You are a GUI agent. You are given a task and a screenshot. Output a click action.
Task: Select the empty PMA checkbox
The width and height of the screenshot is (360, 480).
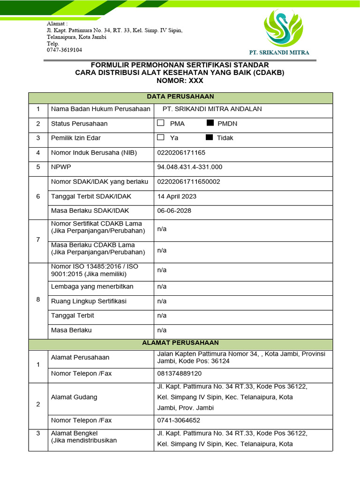(x=161, y=123)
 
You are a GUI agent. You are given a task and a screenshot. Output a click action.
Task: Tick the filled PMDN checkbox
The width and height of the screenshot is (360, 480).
(x=210, y=123)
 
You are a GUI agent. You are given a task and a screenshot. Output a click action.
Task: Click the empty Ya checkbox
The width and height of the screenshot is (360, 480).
(x=161, y=137)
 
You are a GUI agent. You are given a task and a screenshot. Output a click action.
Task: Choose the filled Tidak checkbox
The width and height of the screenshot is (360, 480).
(x=209, y=137)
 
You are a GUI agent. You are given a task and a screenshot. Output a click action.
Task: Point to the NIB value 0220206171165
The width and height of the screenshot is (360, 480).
(x=181, y=152)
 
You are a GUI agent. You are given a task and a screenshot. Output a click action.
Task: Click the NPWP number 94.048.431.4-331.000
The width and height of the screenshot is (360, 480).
(x=189, y=167)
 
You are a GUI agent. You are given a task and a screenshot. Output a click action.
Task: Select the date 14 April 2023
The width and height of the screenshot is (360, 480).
(x=177, y=196)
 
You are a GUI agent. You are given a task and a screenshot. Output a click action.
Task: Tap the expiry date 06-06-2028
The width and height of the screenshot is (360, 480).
(x=174, y=210)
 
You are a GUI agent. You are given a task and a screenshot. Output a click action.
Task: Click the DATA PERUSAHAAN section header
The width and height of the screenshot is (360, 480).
(x=180, y=97)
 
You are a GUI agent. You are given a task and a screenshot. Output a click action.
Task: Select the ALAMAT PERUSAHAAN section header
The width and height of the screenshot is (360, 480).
(x=180, y=343)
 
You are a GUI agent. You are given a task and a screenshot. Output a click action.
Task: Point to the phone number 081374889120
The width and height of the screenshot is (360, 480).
(x=180, y=374)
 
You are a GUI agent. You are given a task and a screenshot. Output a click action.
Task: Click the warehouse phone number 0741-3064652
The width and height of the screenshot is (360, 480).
(x=179, y=420)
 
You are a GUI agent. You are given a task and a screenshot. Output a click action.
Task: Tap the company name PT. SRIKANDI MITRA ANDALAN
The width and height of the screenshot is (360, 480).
(x=211, y=109)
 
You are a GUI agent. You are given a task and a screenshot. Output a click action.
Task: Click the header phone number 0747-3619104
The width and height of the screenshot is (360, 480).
(x=64, y=50)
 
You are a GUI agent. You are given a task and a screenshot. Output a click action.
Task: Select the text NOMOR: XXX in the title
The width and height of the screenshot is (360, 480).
(x=180, y=81)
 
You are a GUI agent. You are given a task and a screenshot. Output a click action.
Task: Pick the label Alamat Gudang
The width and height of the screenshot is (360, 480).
(x=74, y=397)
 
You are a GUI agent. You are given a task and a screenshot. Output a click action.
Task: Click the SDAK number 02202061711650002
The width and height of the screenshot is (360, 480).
(x=188, y=181)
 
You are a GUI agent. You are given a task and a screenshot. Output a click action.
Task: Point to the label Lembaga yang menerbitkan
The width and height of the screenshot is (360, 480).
(x=92, y=286)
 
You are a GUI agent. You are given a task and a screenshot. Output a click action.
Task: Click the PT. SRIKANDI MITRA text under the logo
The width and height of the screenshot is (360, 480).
(x=279, y=52)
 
